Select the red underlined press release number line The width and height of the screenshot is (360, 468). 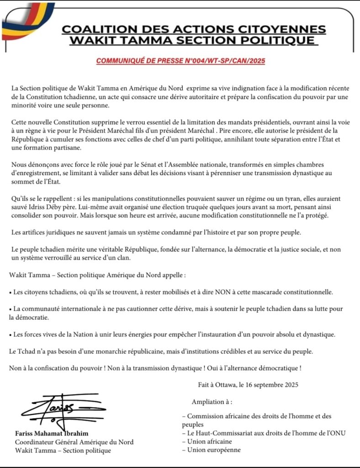click(x=180, y=60)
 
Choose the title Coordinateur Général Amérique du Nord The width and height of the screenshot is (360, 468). click(x=74, y=442)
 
